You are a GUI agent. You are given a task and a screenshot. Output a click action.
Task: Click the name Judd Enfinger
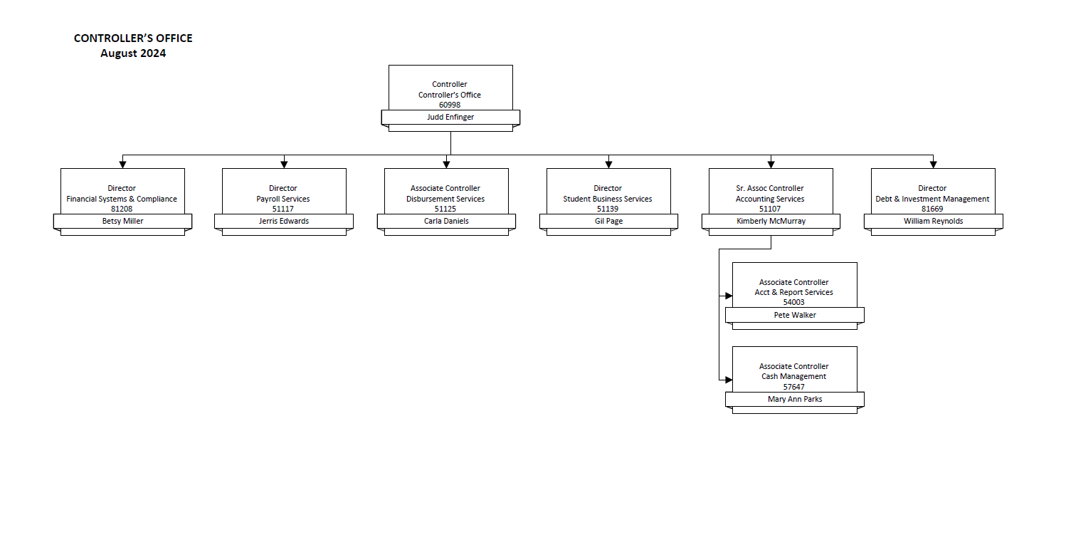click(450, 117)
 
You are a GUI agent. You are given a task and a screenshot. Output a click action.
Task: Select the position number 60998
click(450, 105)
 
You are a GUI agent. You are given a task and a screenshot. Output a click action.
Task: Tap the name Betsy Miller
click(122, 221)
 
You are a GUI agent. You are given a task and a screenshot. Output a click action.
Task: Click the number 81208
click(122, 209)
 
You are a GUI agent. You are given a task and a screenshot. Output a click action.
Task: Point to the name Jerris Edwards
click(283, 221)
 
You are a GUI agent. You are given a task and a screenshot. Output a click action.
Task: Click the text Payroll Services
click(283, 199)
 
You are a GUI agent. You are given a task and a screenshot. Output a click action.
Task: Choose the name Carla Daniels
click(445, 221)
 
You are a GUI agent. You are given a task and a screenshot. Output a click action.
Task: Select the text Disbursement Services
click(445, 199)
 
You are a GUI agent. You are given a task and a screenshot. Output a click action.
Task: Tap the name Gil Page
click(608, 221)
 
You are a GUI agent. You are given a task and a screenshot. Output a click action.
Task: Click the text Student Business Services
click(608, 199)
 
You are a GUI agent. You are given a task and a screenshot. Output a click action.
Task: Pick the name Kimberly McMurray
click(771, 221)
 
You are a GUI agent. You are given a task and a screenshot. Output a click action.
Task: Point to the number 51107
click(770, 209)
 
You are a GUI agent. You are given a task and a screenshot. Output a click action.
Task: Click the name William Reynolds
click(933, 221)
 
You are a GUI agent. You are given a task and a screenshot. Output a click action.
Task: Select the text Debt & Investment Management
click(932, 199)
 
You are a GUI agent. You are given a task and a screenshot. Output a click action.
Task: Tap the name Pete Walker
click(795, 315)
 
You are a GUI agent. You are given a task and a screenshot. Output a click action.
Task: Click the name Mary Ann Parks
click(795, 399)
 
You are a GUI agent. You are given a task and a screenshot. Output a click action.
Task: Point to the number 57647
click(794, 387)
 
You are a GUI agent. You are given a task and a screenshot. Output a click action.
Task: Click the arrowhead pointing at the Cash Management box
click(728, 380)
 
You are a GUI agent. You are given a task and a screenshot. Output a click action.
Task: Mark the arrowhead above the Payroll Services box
click(284, 165)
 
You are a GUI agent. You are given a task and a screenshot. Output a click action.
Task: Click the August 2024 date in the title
click(133, 53)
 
